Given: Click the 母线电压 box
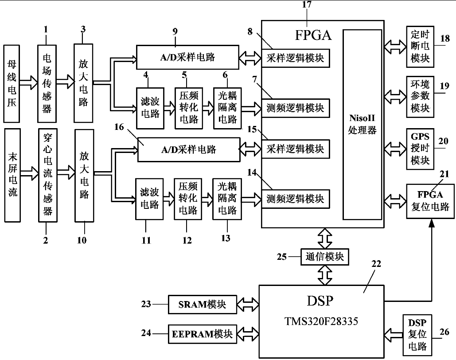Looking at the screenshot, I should tap(12, 83).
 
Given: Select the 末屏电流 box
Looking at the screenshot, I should tap(12, 175).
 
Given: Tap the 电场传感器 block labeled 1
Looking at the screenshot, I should tap(47, 83).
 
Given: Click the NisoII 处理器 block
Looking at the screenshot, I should tap(362, 125).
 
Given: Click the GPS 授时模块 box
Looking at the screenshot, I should tap(420, 148).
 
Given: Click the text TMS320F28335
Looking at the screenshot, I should tap(322, 321).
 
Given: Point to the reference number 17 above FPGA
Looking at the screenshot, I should tap(307, 5).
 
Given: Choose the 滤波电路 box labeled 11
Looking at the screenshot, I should tap(148, 200).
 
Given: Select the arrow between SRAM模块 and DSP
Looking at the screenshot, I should tap(248, 305).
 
